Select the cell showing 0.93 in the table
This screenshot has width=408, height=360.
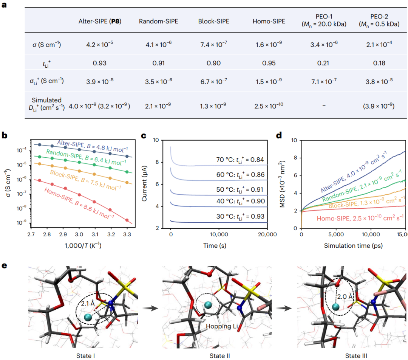(99, 63)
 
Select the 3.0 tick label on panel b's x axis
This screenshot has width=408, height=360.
(79, 235)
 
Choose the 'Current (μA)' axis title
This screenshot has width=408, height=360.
(148, 185)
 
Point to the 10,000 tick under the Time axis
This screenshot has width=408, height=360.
(219, 235)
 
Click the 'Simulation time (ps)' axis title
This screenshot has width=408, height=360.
(352, 245)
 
